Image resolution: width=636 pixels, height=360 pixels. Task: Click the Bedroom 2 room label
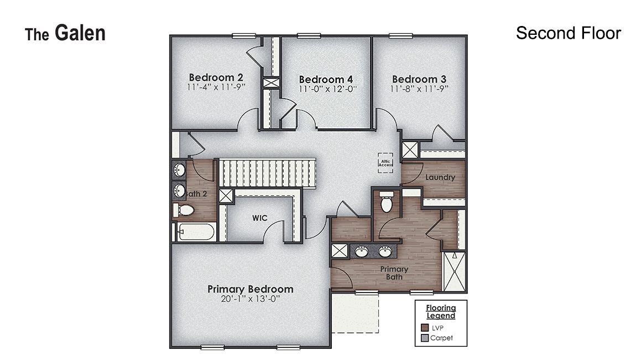pos(216,77)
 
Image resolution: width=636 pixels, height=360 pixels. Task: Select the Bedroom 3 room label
pos(419,79)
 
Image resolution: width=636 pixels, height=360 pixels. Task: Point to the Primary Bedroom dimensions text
pos(250,299)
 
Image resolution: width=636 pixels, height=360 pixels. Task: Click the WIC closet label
pos(260,218)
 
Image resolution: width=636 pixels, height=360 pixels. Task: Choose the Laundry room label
pos(440,178)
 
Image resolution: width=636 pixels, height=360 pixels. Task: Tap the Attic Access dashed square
pos(385,163)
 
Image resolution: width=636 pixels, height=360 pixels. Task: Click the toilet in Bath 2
pos(184,210)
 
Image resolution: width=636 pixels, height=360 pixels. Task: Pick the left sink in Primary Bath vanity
pos(362,252)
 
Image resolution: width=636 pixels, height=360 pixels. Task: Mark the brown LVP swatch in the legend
pos(425,327)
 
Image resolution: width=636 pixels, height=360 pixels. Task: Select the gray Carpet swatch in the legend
pos(425,337)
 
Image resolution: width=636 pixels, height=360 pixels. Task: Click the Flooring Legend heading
pos(441,312)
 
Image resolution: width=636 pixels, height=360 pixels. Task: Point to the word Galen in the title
pos(80,33)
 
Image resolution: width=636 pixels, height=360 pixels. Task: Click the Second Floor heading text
pos(568,33)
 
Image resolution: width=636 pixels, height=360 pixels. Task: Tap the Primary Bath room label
pos(394,273)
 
